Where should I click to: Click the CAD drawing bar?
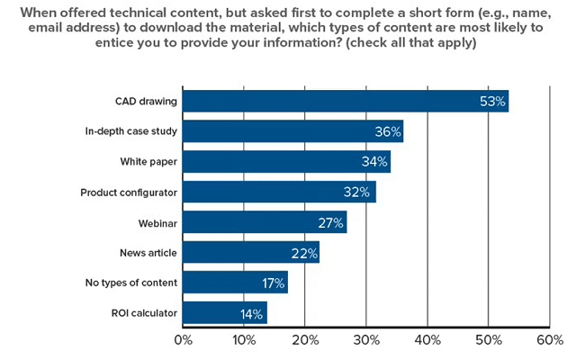click(346, 101)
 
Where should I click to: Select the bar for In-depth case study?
click(293, 131)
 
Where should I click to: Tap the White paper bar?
click(287, 162)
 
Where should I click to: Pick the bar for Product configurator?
click(280, 193)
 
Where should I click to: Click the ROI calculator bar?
click(226, 313)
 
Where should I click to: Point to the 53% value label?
click(491, 101)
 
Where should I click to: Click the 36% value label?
click(387, 131)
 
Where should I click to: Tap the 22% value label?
click(305, 253)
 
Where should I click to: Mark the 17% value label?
click(273, 283)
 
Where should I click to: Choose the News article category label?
click(148, 253)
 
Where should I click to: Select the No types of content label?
click(129, 283)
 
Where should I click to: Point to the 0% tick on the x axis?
click(183, 340)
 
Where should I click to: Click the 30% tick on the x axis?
click(366, 340)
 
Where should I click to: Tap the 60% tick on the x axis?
click(549, 340)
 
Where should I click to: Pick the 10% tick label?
click(244, 340)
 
